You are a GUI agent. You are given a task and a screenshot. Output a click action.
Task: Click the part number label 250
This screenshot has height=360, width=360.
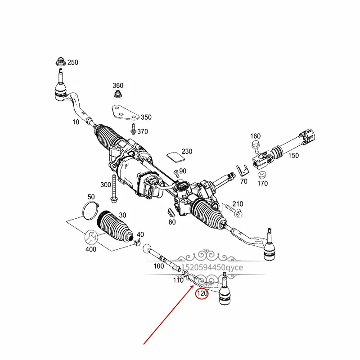click(x=73, y=63)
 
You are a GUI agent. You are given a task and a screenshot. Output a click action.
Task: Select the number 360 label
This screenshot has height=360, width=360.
click(x=118, y=85)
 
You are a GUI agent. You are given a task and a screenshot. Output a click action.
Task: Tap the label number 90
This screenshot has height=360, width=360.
click(x=183, y=171)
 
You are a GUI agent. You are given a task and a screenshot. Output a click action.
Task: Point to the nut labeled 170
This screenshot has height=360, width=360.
click(x=260, y=175)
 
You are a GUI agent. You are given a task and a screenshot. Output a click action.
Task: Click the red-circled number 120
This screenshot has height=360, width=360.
click(x=202, y=294)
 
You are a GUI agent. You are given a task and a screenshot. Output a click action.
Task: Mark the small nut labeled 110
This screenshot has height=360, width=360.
click(x=185, y=273)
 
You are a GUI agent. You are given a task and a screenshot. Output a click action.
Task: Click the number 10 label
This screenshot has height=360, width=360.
click(x=76, y=122)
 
